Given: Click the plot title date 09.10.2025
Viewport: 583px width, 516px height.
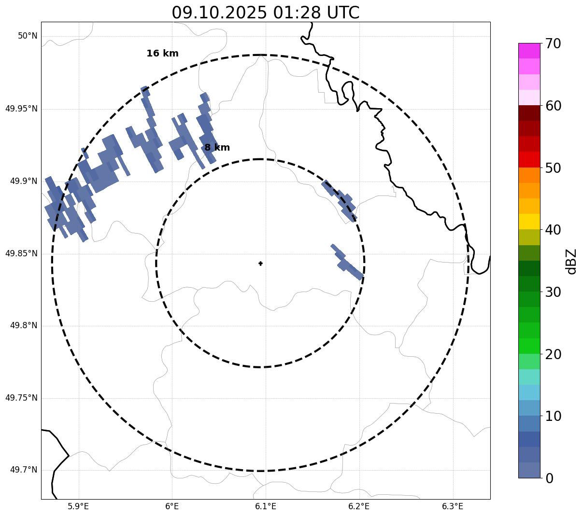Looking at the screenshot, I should [219, 13].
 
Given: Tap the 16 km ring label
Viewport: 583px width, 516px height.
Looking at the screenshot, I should [162, 54].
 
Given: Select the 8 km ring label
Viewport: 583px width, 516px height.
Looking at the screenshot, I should [217, 148].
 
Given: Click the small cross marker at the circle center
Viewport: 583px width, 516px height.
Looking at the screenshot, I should [261, 264].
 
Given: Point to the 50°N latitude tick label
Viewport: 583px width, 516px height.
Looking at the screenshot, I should [28, 36].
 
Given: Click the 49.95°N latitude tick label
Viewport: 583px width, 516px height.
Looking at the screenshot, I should [21, 109].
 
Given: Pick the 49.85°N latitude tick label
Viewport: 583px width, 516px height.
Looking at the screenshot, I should [21, 253].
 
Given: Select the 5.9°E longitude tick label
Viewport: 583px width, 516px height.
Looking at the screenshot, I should [78, 506].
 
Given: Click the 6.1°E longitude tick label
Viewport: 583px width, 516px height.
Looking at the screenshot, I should [265, 506].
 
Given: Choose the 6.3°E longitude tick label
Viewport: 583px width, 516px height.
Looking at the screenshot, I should [453, 506].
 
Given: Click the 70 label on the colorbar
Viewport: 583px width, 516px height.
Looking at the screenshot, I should [553, 44].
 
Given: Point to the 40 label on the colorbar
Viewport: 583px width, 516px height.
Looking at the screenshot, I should [553, 230].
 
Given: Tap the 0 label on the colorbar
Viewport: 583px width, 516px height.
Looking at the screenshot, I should [550, 479].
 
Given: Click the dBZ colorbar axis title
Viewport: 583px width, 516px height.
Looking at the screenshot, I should [571, 262].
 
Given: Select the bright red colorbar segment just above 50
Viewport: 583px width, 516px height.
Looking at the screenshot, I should [529, 159].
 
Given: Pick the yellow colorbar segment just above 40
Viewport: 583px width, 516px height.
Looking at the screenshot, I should [529, 222].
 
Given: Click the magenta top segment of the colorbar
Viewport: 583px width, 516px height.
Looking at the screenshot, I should [529, 51].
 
